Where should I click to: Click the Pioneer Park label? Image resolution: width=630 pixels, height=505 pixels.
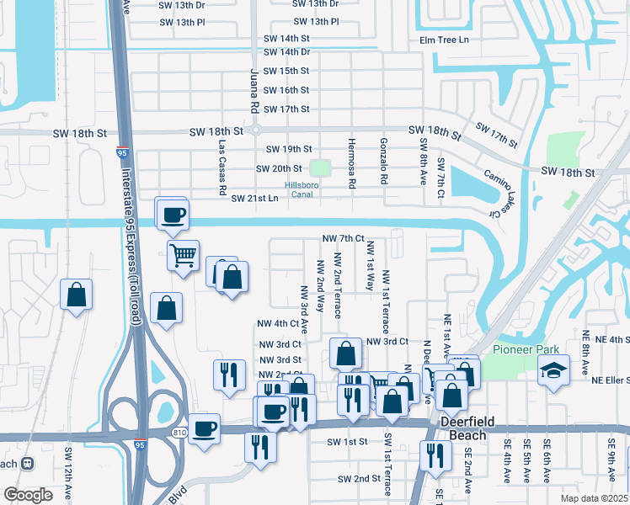point(520,349)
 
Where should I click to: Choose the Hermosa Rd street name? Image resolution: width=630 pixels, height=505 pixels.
point(352,162)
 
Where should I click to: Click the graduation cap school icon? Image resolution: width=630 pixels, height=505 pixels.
point(553,372)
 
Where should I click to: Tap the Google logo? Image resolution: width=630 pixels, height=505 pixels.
point(28,494)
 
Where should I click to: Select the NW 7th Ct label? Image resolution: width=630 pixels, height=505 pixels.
point(344,239)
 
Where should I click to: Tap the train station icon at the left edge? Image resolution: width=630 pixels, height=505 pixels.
point(28,463)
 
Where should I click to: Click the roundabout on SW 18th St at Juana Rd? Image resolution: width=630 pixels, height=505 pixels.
point(256,130)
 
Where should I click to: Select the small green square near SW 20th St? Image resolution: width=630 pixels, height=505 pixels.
point(318,168)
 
